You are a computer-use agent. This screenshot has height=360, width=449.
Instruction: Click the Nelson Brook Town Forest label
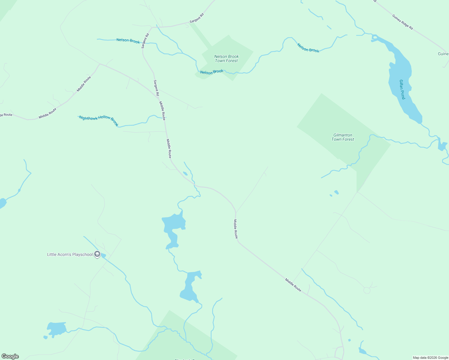[x=226, y=58]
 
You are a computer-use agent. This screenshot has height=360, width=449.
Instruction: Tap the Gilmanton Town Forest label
[x=343, y=137]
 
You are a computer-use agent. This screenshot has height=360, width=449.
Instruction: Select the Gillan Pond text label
[x=402, y=89]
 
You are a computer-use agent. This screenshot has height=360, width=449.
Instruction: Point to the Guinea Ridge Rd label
[x=402, y=22]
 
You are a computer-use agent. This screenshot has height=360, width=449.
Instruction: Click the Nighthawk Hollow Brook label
[x=99, y=120]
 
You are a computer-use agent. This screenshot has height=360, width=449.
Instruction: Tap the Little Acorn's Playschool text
[x=70, y=254]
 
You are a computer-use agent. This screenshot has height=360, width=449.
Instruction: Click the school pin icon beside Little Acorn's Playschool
[x=97, y=254]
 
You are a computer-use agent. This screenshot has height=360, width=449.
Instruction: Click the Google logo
[x=10, y=356]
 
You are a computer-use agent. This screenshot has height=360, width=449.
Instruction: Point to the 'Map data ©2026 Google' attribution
[x=430, y=358]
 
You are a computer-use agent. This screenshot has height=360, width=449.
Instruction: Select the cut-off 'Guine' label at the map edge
[x=443, y=54]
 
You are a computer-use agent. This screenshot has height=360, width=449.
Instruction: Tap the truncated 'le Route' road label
[x=6, y=115]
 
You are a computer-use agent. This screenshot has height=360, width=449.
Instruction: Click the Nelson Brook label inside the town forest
[x=212, y=72]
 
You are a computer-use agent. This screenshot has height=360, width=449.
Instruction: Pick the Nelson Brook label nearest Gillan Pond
[x=308, y=48]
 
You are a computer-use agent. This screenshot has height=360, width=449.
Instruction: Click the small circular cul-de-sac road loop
[x=367, y=290]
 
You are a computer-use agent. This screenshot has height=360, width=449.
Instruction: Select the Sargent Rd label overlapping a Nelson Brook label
[x=145, y=41]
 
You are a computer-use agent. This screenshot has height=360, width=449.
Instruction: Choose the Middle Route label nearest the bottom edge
[x=293, y=285]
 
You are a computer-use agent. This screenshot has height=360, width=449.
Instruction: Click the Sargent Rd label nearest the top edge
[x=197, y=18]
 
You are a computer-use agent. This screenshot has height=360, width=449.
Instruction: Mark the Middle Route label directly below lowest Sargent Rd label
[x=162, y=110]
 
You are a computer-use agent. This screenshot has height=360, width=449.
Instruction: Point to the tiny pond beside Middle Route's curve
[x=185, y=173]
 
